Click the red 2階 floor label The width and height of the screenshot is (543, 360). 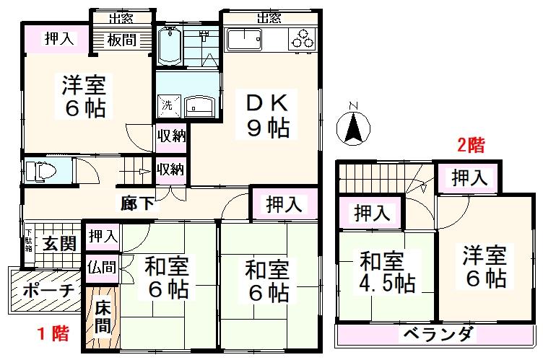[x=469, y=144]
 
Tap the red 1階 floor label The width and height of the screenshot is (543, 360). [x=53, y=333]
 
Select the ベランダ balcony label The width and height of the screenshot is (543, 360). [x=438, y=335]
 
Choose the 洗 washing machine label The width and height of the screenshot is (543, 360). [x=167, y=105]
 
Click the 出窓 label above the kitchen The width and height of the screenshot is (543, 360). [x=269, y=17]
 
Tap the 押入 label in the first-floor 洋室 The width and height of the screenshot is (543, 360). [x=58, y=39]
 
